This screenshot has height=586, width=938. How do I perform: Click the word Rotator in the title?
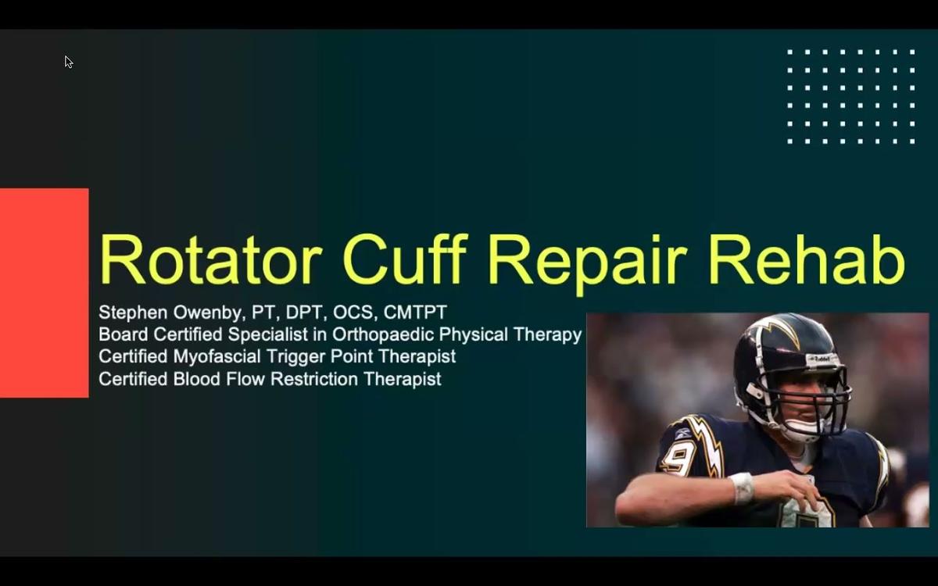[211, 259]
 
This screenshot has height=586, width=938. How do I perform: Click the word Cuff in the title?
[405, 259]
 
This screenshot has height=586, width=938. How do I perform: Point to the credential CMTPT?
[415, 313]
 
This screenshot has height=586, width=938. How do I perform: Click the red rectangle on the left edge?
[44, 293]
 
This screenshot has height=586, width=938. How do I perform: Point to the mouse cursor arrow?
[68, 62]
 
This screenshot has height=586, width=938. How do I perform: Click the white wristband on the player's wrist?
[742, 488]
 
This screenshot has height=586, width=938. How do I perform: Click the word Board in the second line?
[124, 335]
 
